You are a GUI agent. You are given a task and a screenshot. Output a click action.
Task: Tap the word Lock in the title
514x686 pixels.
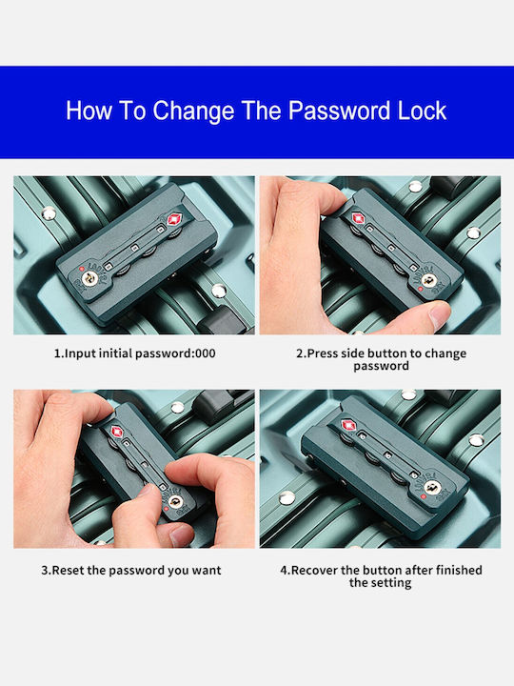click(422, 111)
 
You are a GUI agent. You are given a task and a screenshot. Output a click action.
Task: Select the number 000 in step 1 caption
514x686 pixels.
click(206, 353)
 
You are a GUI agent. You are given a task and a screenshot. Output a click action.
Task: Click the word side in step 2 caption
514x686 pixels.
click(353, 353)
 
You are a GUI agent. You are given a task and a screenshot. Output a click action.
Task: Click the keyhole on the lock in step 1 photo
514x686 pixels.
click(90, 277)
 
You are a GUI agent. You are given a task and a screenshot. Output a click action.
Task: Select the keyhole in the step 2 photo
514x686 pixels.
click(428, 280)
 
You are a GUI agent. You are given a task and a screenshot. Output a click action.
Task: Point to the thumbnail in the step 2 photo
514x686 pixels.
click(440, 314)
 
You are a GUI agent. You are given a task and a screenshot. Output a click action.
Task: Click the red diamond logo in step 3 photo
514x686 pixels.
click(117, 432)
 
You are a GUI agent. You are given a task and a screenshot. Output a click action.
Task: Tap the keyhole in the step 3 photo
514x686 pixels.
click(175, 501)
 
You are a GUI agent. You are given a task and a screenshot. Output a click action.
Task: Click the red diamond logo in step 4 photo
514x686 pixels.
click(348, 425)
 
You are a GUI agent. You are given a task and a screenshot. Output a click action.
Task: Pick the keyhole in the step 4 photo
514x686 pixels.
click(432, 487)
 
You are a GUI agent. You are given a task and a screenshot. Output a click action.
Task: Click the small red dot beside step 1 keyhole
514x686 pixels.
click(82, 269)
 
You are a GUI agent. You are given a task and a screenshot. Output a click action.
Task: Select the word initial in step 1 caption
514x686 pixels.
click(115, 353)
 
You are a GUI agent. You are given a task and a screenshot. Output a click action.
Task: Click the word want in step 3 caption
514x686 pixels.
click(208, 571)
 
